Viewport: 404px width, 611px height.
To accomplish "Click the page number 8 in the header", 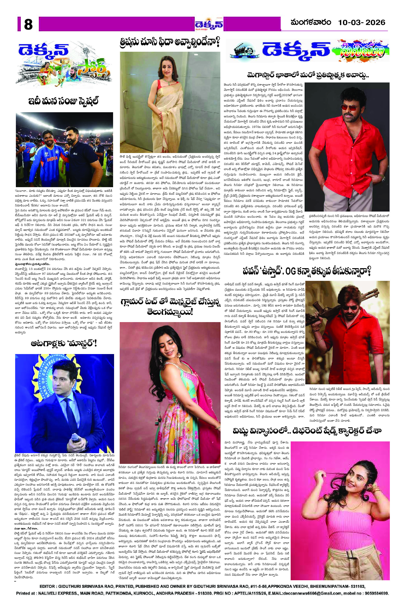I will pyautogui.click(x=28, y=25).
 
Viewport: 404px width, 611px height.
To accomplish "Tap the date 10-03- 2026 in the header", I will pyautogui.click(x=361, y=23).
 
